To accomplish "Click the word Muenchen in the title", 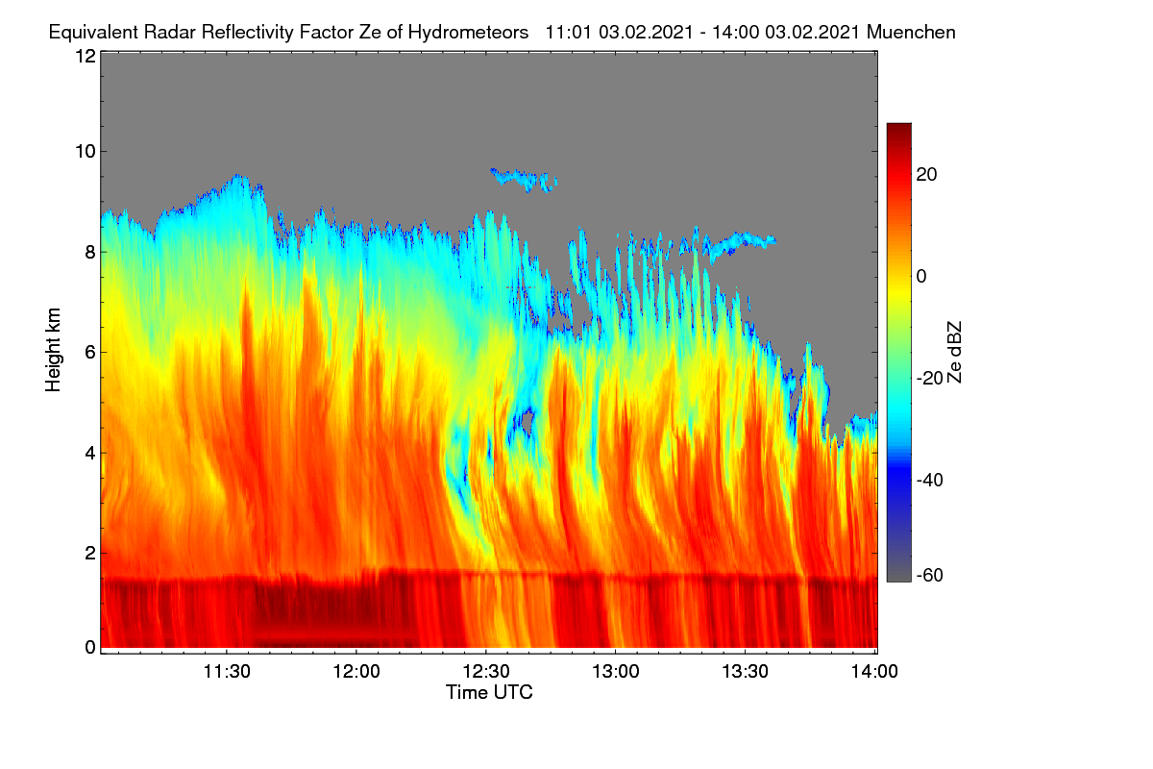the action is [911, 33].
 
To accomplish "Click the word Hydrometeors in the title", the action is [468, 33].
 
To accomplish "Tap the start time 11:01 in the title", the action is [568, 33].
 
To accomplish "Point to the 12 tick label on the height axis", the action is [86, 56].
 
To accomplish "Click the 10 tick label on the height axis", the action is [86, 152].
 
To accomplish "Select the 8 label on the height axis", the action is [90, 252].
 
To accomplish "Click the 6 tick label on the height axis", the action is [90, 353].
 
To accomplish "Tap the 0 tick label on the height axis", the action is [90, 648].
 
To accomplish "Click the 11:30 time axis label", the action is [227, 671].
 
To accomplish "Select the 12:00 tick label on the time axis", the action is [356, 671].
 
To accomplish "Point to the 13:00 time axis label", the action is [616, 671].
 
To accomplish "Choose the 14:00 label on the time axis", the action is [874, 671].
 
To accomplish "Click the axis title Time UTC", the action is [489, 692].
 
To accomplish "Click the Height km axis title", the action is [53, 350].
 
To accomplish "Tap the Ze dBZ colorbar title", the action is [954, 352].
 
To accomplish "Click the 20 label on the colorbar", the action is [926, 175].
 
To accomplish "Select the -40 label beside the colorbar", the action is [930, 480].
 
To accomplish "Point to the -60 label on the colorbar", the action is [930, 576].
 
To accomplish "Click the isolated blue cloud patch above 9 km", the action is [523, 179].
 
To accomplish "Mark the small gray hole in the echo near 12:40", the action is [527, 422].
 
